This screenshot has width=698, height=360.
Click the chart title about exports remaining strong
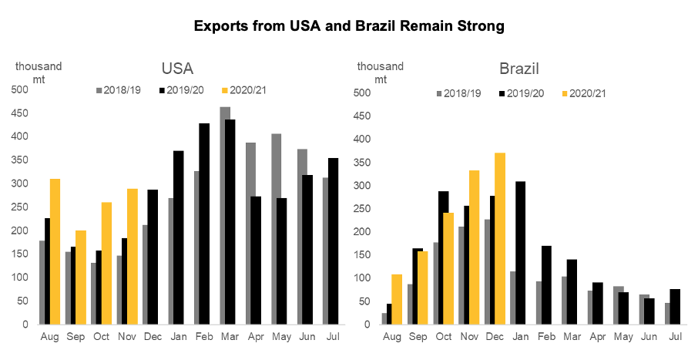click(349, 26)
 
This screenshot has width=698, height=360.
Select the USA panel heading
click(177, 69)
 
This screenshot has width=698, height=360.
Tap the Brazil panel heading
click(520, 69)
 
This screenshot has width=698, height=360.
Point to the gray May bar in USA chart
click(277, 229)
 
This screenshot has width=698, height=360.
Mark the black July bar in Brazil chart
click(674, 306)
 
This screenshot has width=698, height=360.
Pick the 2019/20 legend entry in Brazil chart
click(522, 93)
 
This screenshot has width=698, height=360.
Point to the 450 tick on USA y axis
click(20, 113)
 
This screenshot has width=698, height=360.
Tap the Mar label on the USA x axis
click(230, 337)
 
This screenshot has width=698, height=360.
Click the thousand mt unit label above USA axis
click(39, 72)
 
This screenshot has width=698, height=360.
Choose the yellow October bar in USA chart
click(106, 263)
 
